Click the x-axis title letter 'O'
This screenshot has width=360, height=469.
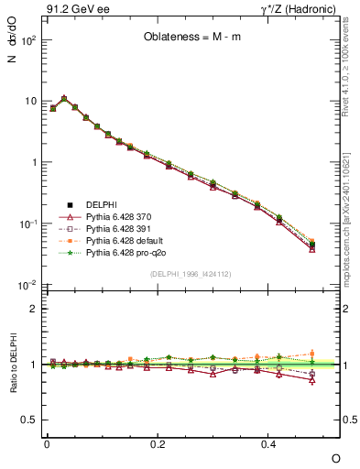pyautogui.click(x=336, y=457)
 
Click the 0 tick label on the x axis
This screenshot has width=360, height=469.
pyautogui.click(x=47, y=443)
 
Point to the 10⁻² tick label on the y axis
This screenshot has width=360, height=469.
pyautogui.click(x=27, y=285)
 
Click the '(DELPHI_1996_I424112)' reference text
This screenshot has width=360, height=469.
pyautogui.click(x=192, y=272)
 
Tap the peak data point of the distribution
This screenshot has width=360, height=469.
pyautogui.click(x=63, y=98)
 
